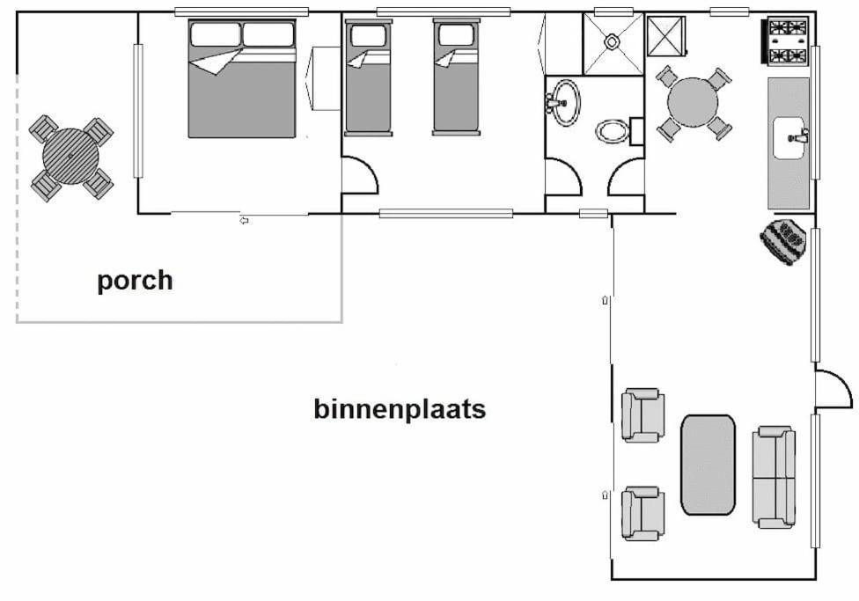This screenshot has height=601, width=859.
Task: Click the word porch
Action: [x=135, y=282]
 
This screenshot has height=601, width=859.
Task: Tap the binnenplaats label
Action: [x=400, y=409]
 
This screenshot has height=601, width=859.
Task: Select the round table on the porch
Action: [x=70, y=156]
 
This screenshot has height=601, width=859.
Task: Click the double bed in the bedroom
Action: [x=242, y=78]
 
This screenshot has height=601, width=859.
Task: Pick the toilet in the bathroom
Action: [x=613, y=131]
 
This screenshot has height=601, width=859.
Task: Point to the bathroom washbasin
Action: [x=563, y=102]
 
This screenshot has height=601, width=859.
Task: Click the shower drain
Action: [x=612, y=41]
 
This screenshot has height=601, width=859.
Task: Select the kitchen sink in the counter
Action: [x=789, y=138]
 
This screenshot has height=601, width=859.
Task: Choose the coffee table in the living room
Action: [x=708, y=465]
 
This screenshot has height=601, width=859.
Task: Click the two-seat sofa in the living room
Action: [x=775, y=477]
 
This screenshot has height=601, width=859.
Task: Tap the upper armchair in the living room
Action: [x=642, y=415]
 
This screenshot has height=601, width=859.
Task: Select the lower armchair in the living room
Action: [x=642, y=513]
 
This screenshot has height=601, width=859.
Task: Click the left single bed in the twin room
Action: [x=368, y=77]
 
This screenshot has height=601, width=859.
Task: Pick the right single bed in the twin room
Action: [x=456, y=77]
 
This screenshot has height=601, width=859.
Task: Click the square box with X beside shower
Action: [x=666, y=36]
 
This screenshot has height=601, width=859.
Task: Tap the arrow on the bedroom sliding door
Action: [x=245, y=220]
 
